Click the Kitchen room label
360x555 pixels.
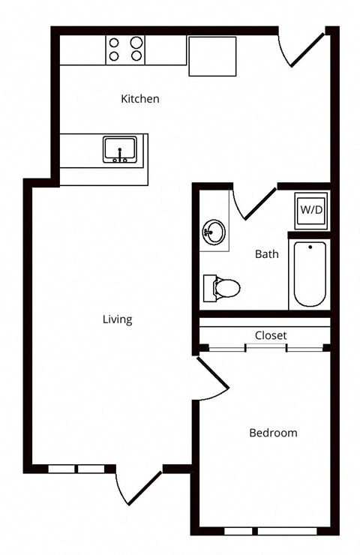139,98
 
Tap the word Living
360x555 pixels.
118,319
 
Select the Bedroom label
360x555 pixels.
273,433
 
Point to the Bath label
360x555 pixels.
266,253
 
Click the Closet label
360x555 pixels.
271,335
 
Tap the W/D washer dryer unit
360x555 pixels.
311,210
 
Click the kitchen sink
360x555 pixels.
120,150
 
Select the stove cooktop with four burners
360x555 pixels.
125,50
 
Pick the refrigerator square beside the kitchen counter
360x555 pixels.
212,56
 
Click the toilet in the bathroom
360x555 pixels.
221,288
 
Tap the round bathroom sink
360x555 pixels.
214,232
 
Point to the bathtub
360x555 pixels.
310,274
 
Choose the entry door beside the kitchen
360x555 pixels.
307,49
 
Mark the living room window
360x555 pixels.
76,469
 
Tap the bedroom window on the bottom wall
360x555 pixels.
271,531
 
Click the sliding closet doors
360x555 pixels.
265,348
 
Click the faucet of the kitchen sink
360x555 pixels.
120,154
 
